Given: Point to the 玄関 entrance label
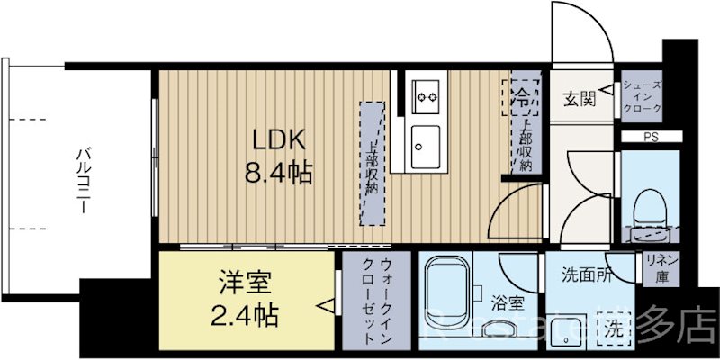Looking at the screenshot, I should [578, 98].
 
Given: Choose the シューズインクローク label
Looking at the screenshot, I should [643, 96].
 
